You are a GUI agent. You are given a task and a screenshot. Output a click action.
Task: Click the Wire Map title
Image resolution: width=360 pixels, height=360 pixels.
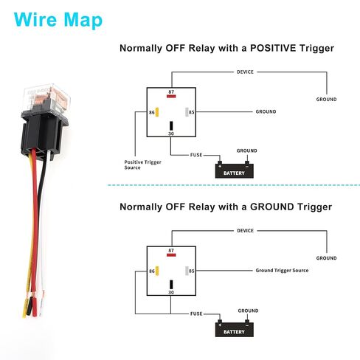pyautogui.click(x=58, y=21)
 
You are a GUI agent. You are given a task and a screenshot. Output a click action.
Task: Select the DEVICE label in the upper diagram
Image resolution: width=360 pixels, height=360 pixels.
pyautogui.click(x=245, y=72)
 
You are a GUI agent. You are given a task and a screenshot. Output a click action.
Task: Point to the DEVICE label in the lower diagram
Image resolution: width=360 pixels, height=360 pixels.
pyautogui.click(x=245, y=231)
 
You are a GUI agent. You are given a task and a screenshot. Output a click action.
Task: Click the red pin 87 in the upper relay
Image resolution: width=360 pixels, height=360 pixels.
pyautogui.click(x=171, y=96)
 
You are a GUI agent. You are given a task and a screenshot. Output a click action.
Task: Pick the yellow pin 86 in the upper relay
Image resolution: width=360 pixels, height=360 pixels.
pyautogui.click(x=157, y=112)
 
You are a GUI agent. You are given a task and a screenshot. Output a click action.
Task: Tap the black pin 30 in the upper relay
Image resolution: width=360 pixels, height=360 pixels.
pyautogui.click(x=171, y=125)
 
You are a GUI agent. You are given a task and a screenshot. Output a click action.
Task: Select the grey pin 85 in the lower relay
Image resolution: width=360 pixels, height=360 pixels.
pyautogui.click(x=187, y=271)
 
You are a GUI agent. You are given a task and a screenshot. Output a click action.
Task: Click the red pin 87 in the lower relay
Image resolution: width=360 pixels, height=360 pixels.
pyautogui.click(x=171, y=255)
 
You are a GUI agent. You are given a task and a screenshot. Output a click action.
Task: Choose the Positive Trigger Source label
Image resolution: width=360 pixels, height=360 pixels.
pyautogui.click(x=142, y=165)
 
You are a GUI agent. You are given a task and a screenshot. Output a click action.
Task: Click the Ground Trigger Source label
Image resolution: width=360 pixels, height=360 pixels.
pyautogui.click(x=282, y=271)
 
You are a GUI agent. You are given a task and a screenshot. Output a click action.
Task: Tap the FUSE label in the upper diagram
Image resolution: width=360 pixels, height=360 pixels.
pyautogui.click(x=196, y=155)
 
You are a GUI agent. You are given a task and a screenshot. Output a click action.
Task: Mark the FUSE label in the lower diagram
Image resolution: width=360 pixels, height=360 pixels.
pyautogui.click(x=196, y=314)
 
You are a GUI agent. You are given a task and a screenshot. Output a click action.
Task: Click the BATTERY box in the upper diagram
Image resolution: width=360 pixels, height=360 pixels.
pyautogui.click(x=234, y=170)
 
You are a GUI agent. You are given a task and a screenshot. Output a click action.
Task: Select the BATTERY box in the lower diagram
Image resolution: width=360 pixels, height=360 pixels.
pyautogui.click(x=234, y=329)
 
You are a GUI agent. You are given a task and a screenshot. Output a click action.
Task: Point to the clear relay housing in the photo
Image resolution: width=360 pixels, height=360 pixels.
pyautogui.click(x=46, y=98)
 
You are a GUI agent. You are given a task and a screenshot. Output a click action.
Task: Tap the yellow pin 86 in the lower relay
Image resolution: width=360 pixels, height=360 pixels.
pyautogui.click(x=157, y=271)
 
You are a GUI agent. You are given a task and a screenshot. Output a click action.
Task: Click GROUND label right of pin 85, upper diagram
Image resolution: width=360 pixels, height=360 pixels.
pyautogui.click(x=266, y=111)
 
